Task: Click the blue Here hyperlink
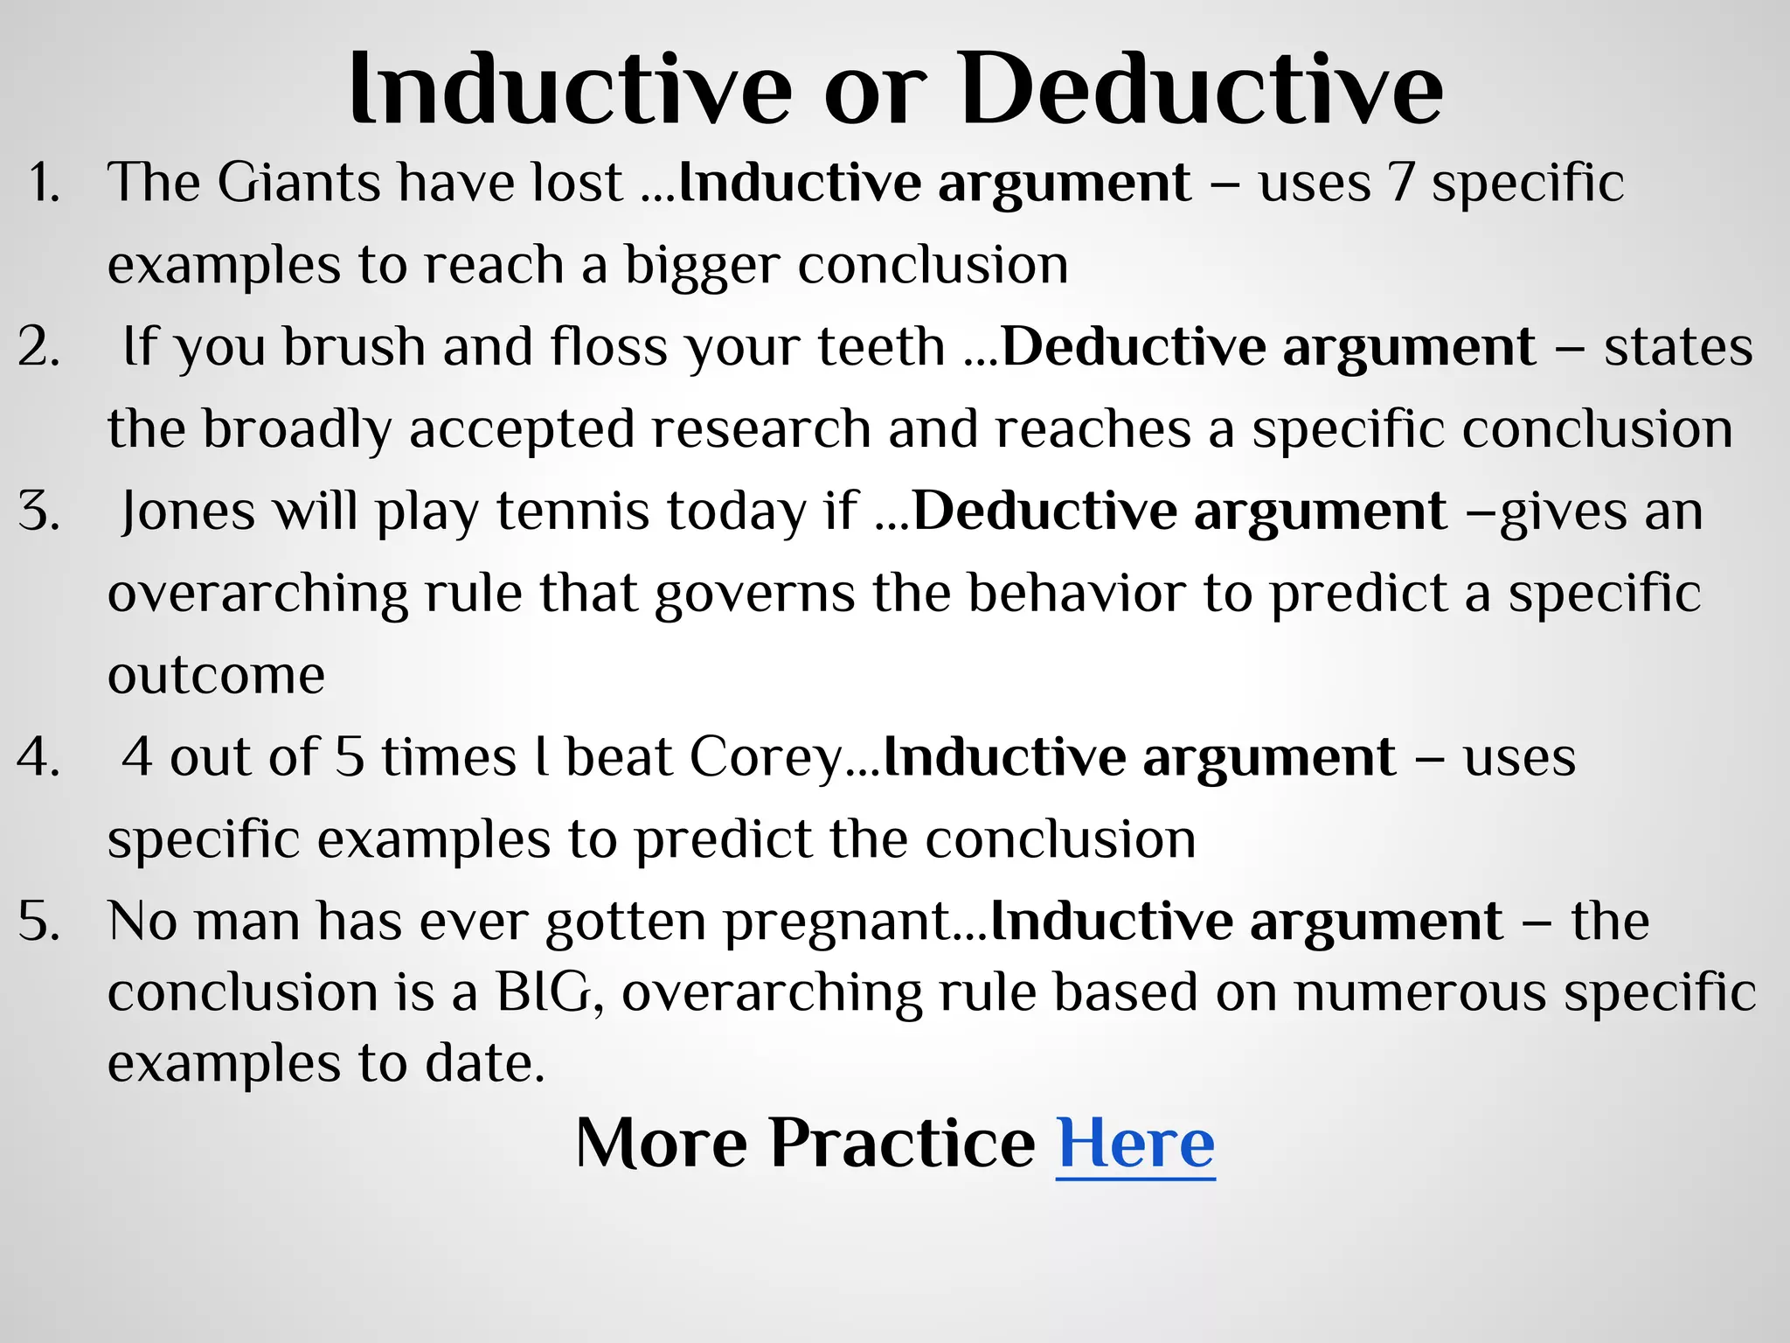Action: [x=1135, y=1143]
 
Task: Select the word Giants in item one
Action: [x=299, y=184]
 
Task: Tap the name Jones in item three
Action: [x=188, y=511]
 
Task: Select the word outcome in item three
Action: [x=216, y=676]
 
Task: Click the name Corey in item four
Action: [x=765, y=757]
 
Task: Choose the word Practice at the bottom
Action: [x=902, y=1143]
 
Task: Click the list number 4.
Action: [x=38, y=757]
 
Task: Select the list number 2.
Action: [x=38, y=347]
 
